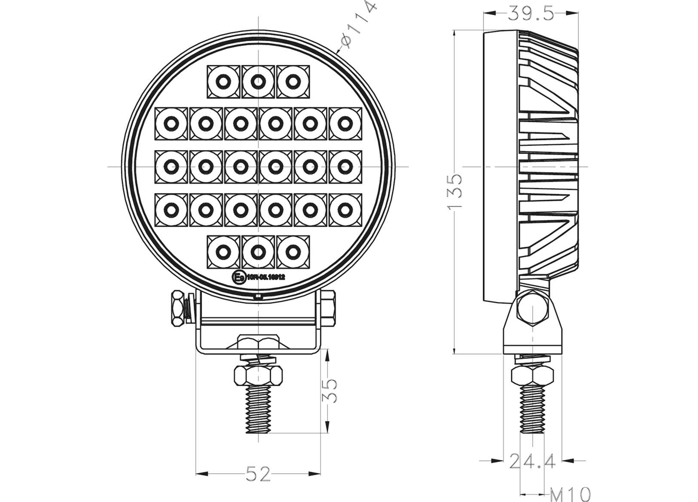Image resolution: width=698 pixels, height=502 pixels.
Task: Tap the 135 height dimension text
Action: tap(455, 191)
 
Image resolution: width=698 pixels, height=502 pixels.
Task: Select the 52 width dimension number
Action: tap(258, 474)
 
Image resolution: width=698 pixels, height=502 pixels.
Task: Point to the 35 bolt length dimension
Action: tap(330, 390)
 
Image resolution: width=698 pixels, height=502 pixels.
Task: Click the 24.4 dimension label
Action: tap(532, 462)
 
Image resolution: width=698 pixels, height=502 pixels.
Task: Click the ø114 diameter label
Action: tap(358, 26)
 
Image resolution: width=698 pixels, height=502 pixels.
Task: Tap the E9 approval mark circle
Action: tap(238, 277)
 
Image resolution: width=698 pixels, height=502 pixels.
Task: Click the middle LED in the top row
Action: tap(258, 81)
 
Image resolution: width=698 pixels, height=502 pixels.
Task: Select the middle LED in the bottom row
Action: tap(258, 251)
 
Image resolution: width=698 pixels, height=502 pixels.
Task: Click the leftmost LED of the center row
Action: tap(171, 166)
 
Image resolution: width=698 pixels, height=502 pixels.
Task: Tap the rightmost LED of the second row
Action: tap(345, 124)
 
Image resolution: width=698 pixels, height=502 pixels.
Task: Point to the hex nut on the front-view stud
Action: tap(258, 375)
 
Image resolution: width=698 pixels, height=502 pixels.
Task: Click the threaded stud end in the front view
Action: tap(258, 410)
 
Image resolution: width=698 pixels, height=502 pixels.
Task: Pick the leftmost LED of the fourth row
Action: tap(171, 210)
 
